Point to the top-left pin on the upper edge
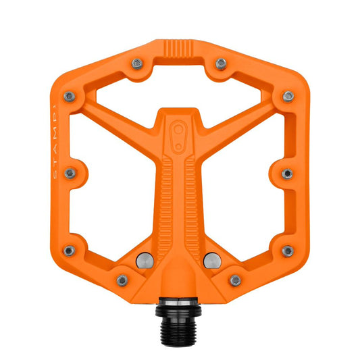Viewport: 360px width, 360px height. (138, 63)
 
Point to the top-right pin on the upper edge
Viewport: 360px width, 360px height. (221, 63)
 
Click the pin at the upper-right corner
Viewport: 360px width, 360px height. (288, 96)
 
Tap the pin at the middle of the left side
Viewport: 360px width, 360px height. (70, 174)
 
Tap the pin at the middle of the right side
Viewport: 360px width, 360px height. (288, 174)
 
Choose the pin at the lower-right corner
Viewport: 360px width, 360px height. (288, 251)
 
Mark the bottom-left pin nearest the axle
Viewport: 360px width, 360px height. (123, 280)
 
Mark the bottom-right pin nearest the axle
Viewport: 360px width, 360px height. (235, 280)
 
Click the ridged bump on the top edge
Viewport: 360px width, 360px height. (179, 49)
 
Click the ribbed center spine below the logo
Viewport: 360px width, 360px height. (180, 196)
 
